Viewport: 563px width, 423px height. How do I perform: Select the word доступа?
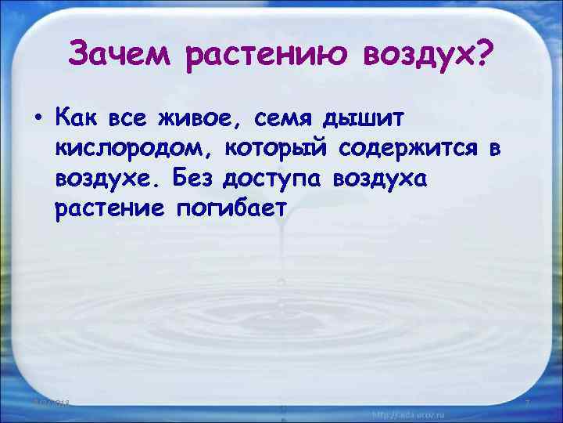click(x=273, y=180)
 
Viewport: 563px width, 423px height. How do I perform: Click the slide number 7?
click(x=527, y=403)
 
